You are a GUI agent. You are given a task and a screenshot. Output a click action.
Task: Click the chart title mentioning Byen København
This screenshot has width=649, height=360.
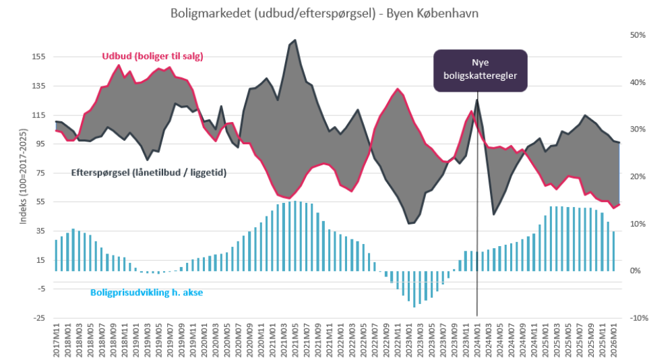click(x=324, y=13)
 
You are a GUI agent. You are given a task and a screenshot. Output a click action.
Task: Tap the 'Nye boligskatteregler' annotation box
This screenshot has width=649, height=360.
click(x=480, y=69)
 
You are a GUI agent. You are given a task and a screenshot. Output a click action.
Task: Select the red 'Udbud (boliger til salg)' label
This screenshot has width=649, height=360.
click(x=152, y=57)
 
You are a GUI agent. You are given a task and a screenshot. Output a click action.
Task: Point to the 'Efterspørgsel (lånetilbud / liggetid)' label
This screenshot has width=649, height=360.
click(x=148, y=173)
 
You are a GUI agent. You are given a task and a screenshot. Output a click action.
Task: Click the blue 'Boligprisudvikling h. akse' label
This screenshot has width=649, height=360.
click(x=146, y=293)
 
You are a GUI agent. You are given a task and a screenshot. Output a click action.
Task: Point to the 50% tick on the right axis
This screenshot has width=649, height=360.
click(x=638, y=35)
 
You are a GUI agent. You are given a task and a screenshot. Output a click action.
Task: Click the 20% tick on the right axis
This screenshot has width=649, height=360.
click(x=638, y=177)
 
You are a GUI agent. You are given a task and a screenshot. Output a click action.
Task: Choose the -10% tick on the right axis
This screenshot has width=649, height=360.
click(x=636, y=318)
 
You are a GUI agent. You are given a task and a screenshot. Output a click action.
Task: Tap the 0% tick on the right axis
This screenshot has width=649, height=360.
click(x=638, y=270)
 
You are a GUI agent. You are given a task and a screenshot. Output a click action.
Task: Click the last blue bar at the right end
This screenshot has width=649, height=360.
click(x=614, y=251)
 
